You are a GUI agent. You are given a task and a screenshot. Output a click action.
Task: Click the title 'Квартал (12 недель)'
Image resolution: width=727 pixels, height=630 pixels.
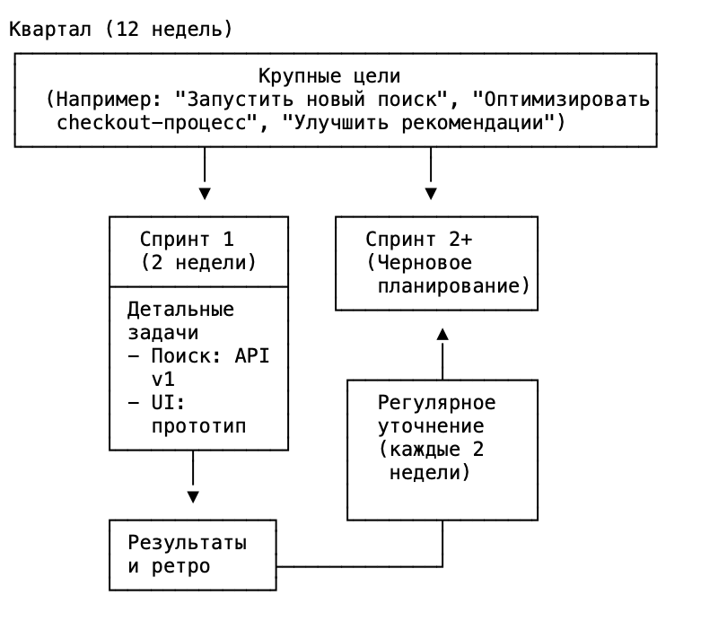coord(120,29)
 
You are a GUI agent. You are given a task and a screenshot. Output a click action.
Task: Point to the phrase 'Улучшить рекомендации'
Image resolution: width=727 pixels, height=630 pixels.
coord(416,122)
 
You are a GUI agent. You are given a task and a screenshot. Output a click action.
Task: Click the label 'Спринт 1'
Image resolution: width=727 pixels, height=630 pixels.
coord(187,240)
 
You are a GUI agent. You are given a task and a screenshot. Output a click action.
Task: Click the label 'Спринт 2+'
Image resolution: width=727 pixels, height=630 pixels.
coord(418,240)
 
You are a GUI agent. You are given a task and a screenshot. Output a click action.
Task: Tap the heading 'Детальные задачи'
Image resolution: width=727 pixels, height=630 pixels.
coord(180,320)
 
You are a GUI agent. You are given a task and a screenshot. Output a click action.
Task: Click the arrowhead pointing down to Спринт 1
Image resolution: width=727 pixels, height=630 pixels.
coord(205,193)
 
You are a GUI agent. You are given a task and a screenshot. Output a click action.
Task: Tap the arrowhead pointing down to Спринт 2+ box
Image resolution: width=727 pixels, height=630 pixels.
coord(432,193)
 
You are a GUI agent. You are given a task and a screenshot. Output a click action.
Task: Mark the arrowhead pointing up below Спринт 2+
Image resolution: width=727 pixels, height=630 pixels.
coord(442,334)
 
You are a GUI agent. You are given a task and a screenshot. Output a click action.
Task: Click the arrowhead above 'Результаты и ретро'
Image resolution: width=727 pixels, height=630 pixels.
coord(192,496)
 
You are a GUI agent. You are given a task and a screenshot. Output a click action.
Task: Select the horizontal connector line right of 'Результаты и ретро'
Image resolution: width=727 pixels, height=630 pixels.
coord(359,566)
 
